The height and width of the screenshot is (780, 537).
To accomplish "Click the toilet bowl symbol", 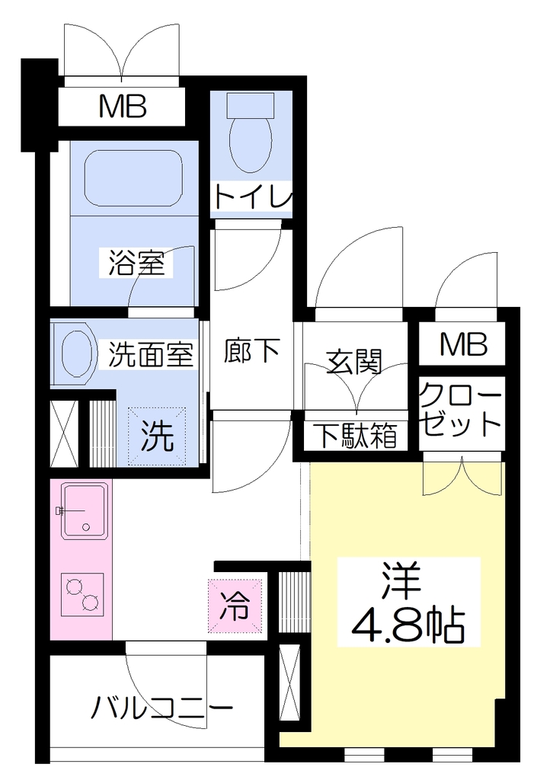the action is pos(251,132).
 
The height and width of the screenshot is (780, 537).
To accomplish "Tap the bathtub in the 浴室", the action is pos(133,177).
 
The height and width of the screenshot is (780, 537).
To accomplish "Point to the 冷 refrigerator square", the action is pos(235,606).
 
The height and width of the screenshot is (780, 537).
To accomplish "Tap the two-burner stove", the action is pos(82,594).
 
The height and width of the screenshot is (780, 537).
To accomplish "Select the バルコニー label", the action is pos(162,708).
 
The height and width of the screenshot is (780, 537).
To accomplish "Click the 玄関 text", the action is pos(354,362).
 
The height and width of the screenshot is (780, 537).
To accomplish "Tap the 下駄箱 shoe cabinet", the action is pos(356,436).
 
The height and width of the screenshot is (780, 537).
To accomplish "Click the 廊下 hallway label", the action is pos(251,350).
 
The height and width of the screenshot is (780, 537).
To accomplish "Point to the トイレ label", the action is pos(251,196).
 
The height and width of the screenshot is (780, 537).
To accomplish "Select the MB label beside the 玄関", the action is pos(463,344).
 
